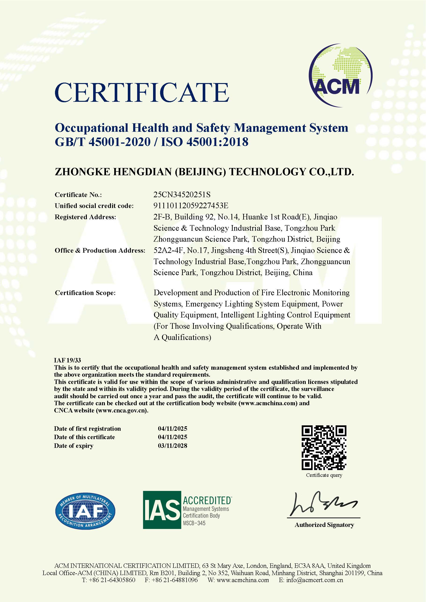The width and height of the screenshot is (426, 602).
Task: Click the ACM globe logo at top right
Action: coord(341,76)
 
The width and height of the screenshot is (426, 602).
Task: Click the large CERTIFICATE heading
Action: coord(142,93)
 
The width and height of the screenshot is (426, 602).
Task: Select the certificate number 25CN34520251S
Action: coord(182,195)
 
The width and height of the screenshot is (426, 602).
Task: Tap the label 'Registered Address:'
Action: coord(85,217)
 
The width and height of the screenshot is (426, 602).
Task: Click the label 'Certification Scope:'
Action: coord(85,293)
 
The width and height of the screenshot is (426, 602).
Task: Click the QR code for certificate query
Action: coord(324,448)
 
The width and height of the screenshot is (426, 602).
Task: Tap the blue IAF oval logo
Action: coord(85,511)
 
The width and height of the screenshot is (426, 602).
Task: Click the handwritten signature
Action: coord(323,505)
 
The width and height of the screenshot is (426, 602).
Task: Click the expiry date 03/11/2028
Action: coord(172,445)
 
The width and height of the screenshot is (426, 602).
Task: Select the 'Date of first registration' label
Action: coord(87,428)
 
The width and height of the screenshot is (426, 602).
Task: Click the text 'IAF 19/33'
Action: coord(67,360)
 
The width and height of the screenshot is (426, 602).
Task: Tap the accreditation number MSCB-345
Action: coord(194,523)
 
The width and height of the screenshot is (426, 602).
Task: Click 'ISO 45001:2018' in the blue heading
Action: coord(204,142)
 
